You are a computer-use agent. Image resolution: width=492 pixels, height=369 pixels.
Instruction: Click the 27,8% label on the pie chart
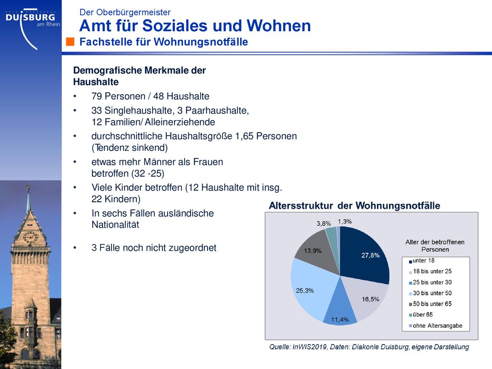click(370, 255)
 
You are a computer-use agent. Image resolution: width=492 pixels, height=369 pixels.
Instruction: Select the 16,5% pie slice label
click(370, 299)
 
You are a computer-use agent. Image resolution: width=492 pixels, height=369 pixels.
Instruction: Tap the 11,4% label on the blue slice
click(340, 320)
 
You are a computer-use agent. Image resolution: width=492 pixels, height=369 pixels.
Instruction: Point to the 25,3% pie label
click(305, 291)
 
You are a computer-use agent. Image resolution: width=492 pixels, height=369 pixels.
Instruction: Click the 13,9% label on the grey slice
click(312, 251)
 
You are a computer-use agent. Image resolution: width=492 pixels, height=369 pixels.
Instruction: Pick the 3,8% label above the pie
click(323, 223)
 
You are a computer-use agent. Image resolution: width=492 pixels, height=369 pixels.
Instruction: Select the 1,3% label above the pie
click(345, 221)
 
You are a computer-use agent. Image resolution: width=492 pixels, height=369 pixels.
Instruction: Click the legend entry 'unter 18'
click(422, 260)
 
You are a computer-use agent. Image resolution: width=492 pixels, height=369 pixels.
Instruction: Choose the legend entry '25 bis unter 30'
click(430, 282)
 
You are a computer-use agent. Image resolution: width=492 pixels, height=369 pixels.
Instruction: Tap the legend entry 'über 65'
click(421, 314)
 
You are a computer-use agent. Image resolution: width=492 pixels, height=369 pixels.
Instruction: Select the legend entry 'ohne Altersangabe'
click(435, 325)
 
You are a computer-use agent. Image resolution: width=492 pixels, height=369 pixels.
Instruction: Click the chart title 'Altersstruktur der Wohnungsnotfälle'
click(355, 206)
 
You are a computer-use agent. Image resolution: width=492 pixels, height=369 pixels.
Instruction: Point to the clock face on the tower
click(30, 237)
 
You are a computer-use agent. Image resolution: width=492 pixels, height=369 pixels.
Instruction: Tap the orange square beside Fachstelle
click(70, 42)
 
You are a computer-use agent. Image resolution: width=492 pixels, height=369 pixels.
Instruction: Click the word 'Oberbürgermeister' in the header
click(134, 12)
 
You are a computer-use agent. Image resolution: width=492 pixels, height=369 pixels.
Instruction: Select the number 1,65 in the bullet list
click(244, 136)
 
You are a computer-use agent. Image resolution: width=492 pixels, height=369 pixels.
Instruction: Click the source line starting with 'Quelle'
click(369, 347)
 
